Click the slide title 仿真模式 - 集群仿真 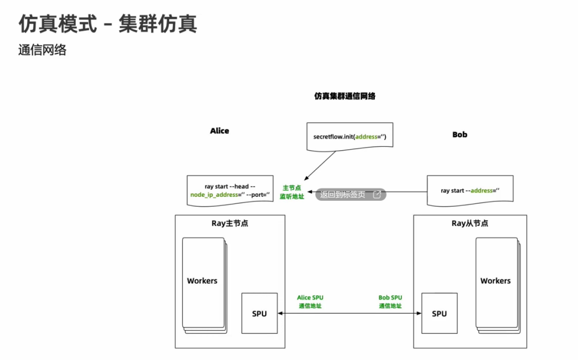coord(108,23)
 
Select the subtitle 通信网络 coord(42,50)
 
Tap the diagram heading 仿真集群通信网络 coord(345,96)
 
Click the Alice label coord(219,131)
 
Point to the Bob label coord(459,135)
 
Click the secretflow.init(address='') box coord(349,137)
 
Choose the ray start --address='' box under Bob coord(470,190)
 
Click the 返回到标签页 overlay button coord(350,195)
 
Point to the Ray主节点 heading coord(230,223)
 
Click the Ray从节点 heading coord(470,223)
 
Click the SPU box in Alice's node coord(259,314)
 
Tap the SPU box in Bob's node coord(439,314)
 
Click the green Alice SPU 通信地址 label coord(310,302)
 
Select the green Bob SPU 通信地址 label coord(391,302)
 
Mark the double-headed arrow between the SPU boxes coord(349,314)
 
